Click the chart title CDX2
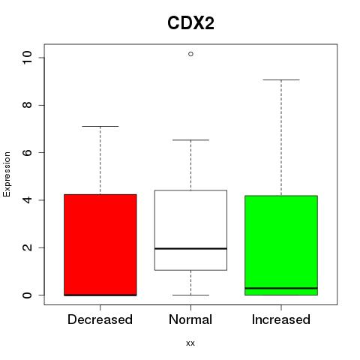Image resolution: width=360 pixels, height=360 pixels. (x=190, y=23)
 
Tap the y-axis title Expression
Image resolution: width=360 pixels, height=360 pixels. (x=7, y=174)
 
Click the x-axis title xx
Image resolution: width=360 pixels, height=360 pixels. (x=190, y=343)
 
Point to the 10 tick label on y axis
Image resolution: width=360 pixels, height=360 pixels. (x=27, y=58)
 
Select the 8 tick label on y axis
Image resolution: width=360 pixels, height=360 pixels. (x=27, y=105)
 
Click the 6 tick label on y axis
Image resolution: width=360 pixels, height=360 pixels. (x=27, y=152)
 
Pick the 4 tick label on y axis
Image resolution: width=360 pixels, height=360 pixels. (x=27, y=200)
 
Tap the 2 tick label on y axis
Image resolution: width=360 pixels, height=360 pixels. (x=27, y=247)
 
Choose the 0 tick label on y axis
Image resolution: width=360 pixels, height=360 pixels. (x=27, y=295)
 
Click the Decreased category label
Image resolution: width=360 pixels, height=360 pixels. (x=100, y=319)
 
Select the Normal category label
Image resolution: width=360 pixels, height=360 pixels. (x=190, y=319)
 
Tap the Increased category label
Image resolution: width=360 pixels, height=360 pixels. (x=281, y=319)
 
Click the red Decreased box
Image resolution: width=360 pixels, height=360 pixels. (x=100, y=244)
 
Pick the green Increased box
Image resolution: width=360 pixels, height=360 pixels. (x=281, y=245)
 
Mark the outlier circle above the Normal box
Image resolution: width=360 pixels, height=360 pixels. (x=190, y=54)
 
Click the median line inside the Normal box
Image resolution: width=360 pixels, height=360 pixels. (x=190, y=248)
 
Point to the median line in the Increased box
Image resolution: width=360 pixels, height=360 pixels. (x=281, y=288)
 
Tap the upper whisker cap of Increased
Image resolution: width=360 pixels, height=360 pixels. (x=281, y=79)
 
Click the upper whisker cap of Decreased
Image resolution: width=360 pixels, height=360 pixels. (x=100, y=126)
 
